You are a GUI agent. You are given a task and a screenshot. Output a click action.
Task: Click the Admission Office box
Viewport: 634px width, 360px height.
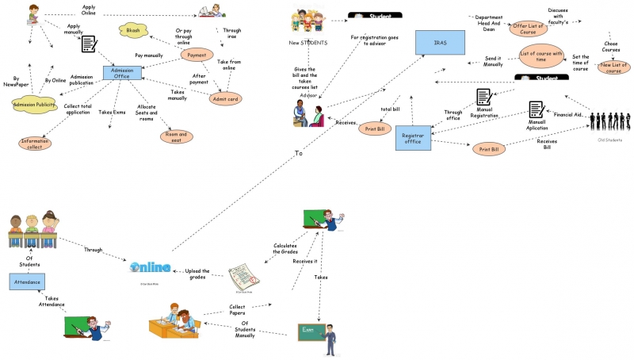point(122,73)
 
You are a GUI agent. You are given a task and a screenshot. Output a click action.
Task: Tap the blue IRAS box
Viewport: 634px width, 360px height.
point(441,42)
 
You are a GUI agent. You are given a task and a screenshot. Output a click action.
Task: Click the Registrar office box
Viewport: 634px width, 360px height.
point(419,136)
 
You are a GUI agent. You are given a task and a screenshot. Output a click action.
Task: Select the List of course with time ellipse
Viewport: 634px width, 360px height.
point(540,56)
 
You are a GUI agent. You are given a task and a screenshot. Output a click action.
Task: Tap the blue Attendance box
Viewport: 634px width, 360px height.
point(28,281)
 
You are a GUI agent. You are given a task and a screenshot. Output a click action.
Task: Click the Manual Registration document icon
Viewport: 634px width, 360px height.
point(483,98)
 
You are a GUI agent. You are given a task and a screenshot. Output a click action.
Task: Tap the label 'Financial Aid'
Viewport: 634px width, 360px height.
point(567,115)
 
